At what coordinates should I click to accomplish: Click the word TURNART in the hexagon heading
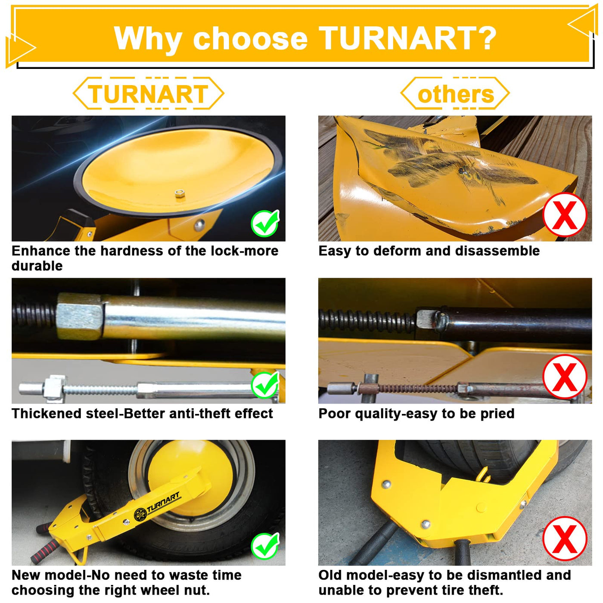[x=148, y=93]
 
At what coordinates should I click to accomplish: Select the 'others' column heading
[x=456, y=94]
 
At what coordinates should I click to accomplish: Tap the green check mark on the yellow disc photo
[x=265, y=223]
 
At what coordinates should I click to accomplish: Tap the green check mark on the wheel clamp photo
[x=265, y=546]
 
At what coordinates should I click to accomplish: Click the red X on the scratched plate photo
[x=565, y=215]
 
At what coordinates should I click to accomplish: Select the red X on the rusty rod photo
[x=565, y=376]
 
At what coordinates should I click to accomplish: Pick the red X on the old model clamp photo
[x=565, y=539]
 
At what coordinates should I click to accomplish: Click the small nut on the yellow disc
[x=179, y=193]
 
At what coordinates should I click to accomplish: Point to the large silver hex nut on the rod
[x=80, y=317]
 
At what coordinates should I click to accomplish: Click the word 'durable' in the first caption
[x=37, y=266]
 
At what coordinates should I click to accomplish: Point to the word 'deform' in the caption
[x=398, y=251]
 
